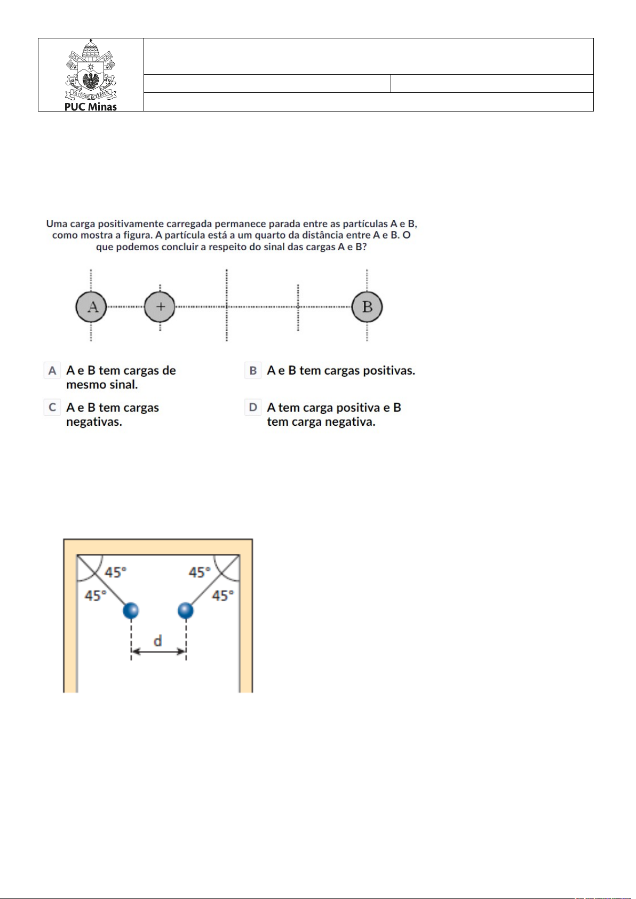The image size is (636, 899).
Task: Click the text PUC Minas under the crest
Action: [91, 107]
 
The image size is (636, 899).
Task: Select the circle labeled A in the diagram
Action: [91, 307]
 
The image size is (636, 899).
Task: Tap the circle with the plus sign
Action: [160, 307]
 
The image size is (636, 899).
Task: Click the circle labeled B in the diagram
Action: [367, 307]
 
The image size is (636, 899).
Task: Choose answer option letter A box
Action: [52, 370]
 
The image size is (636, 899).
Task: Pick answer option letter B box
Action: [253, 370]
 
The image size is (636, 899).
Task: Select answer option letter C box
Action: [52, 408]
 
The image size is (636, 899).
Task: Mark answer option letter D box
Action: [253, 408]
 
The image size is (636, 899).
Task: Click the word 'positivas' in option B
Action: [388, 370]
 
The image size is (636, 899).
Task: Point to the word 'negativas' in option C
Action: [94, 422]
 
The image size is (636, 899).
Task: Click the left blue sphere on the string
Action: [131, 610]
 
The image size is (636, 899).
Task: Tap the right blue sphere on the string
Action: [185, 610]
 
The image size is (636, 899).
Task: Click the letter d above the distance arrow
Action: [158, 641]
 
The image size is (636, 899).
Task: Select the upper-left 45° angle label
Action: [116, 572]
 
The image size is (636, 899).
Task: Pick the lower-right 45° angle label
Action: [222, 595]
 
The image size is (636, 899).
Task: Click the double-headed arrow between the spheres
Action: [158, 651]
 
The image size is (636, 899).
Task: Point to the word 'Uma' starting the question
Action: [57, 224]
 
